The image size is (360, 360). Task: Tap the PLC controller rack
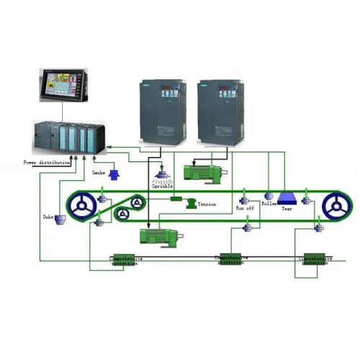pos(69,137)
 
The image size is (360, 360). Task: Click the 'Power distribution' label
pos(47,163)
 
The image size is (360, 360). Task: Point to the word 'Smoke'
pos(99,173)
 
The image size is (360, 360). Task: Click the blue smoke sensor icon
pos(114,174)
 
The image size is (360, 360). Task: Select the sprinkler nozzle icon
pos(163,174)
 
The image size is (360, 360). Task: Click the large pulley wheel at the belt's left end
pos(85,207)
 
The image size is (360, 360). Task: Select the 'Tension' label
pos(207,204)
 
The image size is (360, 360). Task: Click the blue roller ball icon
pos(268,196)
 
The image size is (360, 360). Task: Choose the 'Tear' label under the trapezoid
pos(286,208)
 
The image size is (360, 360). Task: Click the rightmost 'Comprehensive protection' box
pos(315,260)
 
